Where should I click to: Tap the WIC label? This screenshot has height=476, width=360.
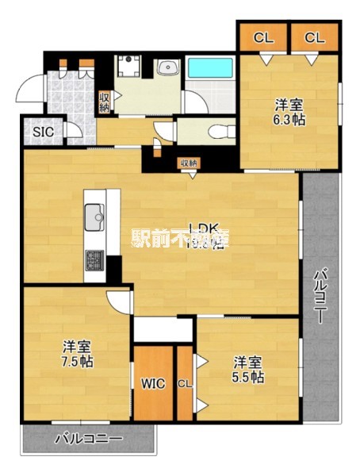(x=153, y=384)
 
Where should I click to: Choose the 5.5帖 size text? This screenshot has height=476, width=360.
(x=248, y=377)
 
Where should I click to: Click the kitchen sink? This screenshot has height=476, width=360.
(x=94, y=214)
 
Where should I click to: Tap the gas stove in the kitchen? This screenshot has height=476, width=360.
(x=94, y=259)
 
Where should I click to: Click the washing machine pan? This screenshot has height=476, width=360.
(x=127, y=66)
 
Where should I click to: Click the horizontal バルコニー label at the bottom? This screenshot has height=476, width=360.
(x=88, y=439)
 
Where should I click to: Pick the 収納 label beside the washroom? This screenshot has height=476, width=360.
(x=104, y=102)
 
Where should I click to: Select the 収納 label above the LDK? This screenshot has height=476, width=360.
(x=188, y=163)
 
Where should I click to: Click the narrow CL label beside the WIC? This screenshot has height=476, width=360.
(x=184, y=384)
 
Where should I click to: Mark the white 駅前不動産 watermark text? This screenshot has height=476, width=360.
(x=180, y=237)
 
